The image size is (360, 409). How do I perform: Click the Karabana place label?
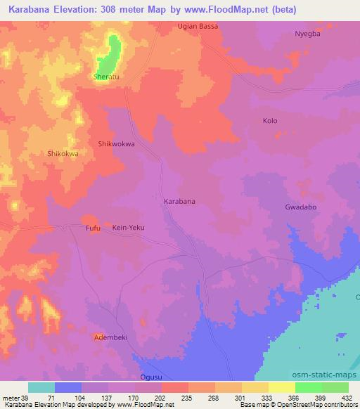pos(179,201)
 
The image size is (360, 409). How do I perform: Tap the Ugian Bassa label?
pos(197,26)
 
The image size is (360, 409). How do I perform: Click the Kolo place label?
pos(270,121)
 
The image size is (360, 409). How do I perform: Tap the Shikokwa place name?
pos(62,153)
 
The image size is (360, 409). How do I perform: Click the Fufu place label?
pos(93,228)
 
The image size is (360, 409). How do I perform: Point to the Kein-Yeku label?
pos(129,228)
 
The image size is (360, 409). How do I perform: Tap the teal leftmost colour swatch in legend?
pos(41,387)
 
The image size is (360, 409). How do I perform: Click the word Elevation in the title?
pos(83,10)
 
